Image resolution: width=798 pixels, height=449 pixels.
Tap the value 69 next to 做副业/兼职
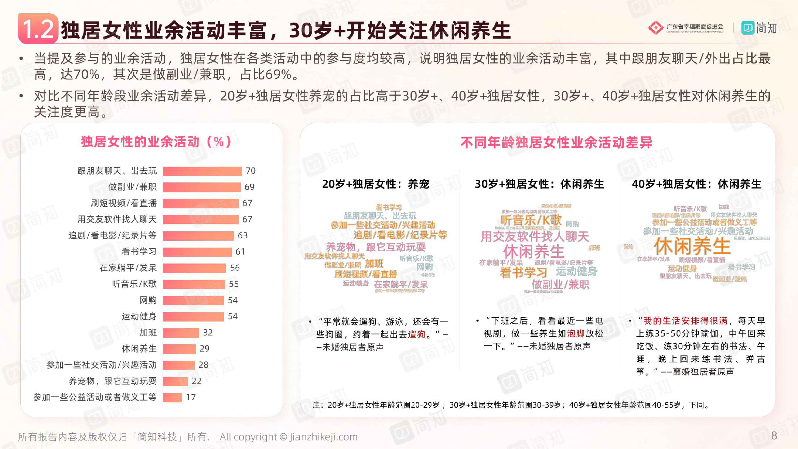[249, 187]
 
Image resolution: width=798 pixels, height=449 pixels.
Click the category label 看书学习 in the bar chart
[139, 252]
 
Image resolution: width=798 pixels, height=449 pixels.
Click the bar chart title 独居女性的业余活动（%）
[156, 142]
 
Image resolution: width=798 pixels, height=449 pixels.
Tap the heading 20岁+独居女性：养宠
[375, 184]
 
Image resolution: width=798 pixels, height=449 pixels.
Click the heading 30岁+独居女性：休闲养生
[539, 184]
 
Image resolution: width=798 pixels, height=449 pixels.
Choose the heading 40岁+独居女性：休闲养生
[696, 184]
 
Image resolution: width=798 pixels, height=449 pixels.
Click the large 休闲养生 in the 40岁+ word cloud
[692, 246]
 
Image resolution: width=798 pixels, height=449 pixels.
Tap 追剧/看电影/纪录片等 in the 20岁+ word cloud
[400, 235]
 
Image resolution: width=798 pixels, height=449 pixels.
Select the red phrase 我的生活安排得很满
[685, 321]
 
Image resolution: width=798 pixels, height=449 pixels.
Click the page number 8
[774, 436]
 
